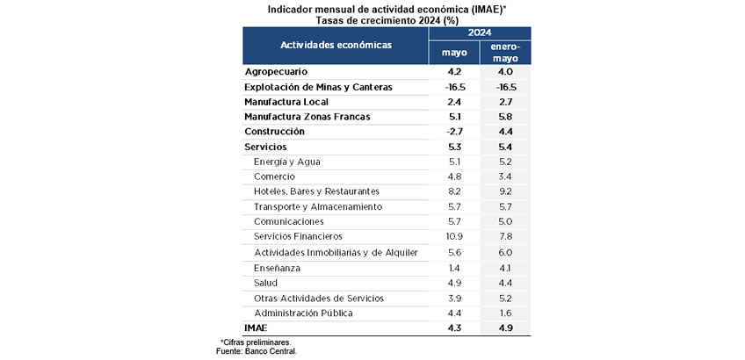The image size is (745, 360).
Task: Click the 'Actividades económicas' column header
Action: coord(336,45)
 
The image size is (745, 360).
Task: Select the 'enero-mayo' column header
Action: coord(505,53)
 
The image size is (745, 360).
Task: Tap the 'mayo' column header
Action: coord(454,53)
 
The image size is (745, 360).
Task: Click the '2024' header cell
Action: coord(480,32)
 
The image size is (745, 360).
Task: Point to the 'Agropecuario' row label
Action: coord(276,72)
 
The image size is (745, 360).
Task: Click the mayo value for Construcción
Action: coord(454,132)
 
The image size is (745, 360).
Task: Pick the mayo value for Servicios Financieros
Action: coord(454,236)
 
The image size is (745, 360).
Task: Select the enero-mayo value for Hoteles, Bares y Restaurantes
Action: coord(505,191)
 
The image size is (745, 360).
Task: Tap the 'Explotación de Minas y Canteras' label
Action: coord(318,88)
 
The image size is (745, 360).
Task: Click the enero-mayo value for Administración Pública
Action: coord(505,313)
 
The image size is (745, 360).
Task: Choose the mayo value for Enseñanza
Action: coord(454,268)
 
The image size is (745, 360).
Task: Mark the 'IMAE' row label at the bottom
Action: coord(256,328)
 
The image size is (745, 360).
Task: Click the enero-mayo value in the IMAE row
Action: coord(505,328)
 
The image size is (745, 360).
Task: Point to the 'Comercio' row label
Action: coord(275,176)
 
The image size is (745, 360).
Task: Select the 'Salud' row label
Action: coord(265,283)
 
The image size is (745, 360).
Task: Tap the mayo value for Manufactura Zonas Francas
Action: coord(454,117)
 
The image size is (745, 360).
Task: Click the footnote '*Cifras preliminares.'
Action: coord(256,342)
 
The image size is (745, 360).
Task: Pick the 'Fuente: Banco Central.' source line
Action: coord(257,351)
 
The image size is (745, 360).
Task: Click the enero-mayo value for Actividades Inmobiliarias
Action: coord(505,253)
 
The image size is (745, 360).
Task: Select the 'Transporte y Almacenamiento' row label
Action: coord(318,207)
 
